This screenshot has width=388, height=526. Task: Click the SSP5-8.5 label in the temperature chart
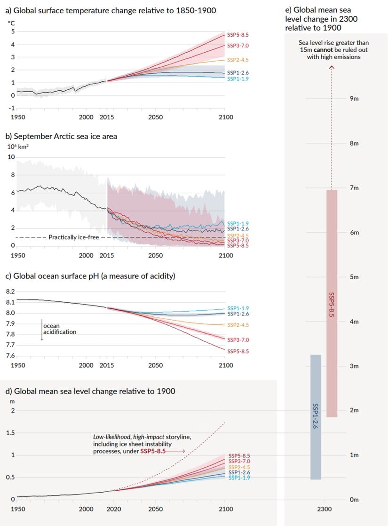238,35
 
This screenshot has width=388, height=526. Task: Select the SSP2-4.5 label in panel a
238,60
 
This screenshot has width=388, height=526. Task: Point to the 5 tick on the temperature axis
13,31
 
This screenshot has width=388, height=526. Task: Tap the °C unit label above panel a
11,22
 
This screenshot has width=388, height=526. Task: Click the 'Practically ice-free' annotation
74,237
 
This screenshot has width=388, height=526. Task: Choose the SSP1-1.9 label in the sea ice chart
238,223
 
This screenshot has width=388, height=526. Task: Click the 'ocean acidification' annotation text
59,329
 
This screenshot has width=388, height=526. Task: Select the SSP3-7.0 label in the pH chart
238,339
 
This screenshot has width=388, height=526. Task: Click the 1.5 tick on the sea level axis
10,433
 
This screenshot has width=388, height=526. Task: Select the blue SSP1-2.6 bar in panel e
316,417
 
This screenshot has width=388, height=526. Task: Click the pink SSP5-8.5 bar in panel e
332,303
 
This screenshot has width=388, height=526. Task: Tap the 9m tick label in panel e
354,99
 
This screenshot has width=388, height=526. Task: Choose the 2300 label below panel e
324,509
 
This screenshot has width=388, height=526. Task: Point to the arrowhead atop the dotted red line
332,67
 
